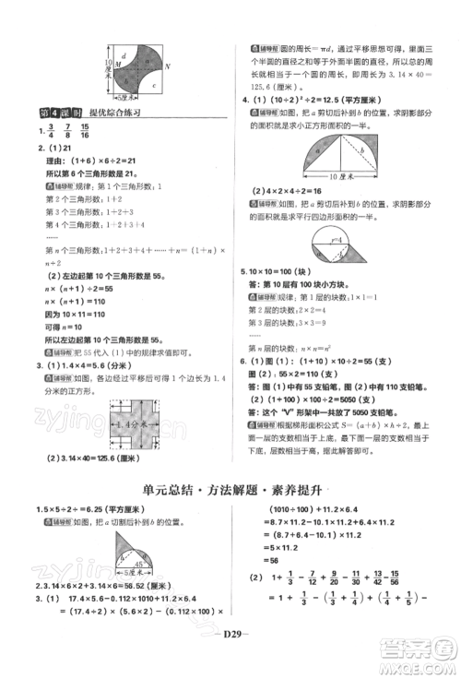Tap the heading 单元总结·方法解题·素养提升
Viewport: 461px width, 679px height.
(230, 490)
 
